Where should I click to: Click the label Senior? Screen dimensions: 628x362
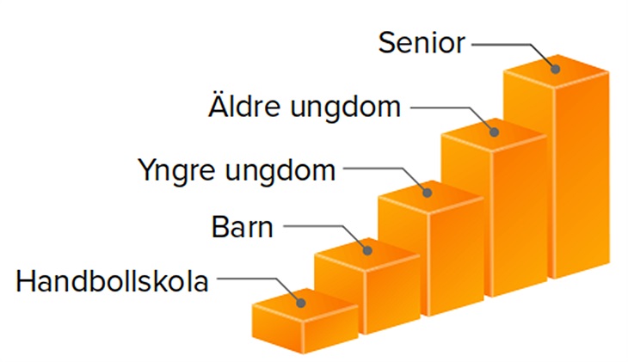pos(422,42)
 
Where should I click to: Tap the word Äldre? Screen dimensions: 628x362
pos(244,106)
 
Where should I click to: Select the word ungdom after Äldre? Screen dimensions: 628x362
pos(345,108)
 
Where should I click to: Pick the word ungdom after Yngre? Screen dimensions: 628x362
pos(280,172)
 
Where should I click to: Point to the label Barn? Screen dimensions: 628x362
pos(242,227)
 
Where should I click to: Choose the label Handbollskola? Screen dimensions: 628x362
pos(112,281)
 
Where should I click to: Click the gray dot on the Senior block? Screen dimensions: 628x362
pos(555,69)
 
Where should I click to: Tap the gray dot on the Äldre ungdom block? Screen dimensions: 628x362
pos(495,132)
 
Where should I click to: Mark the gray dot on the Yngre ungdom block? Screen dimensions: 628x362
pos(427,193)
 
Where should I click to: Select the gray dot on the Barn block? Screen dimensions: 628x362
pos(367,251)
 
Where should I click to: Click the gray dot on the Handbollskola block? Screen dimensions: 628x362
pos(301,304)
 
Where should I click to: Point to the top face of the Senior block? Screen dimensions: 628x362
pos(557,71)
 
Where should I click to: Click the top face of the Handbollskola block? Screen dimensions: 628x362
pos(305,305)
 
